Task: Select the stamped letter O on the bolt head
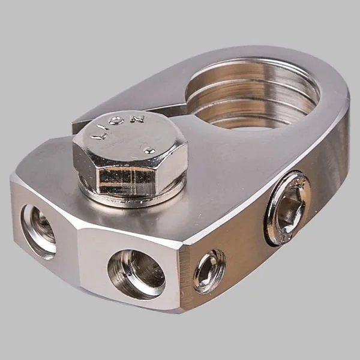(x=119, y=121)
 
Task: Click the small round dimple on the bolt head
(x=149, y=151)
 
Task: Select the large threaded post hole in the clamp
(x=253, y=94)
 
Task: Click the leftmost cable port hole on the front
(x=38, y=232)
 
